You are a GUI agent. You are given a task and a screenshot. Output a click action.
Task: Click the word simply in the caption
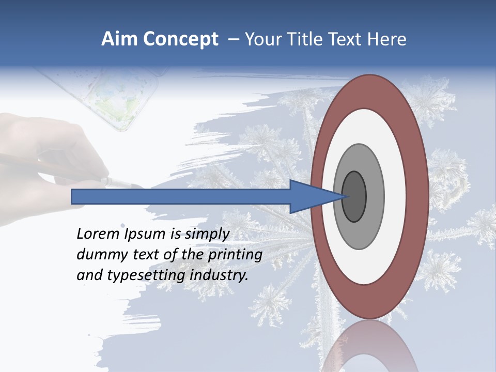(207, 234)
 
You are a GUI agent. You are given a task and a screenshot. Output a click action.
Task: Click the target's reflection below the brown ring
(369, 346)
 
